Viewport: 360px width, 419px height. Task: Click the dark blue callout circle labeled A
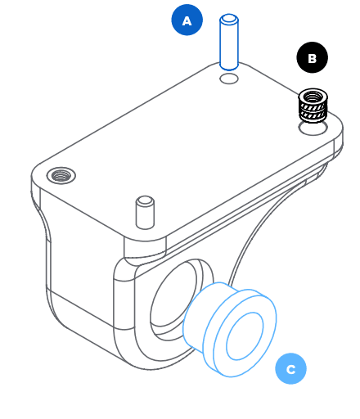point(187,20)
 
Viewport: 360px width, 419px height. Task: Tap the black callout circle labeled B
point(312,57)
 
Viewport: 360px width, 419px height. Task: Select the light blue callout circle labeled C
point(290,368)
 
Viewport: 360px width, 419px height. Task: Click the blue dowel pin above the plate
point(229,42)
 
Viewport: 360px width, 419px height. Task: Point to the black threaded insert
point(313,105)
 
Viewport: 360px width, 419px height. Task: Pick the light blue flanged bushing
point(230,330)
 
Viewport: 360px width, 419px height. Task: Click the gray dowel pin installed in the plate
point(145,213)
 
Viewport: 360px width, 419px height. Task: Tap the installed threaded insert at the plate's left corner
point(61,175)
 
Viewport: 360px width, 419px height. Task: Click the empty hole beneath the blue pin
point(229,79)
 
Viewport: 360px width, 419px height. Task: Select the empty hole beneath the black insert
point(313,128)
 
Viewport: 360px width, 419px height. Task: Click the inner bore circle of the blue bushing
point(245,336)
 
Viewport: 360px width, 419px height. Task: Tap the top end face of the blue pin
point(229,19)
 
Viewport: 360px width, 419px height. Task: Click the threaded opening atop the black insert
point(313,97)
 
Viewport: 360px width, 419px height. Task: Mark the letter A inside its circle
point(187,21)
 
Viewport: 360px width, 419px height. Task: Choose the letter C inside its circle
point(291,369)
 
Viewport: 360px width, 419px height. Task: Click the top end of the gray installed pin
point(145,200)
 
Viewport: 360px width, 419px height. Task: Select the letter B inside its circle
point(312,58)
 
